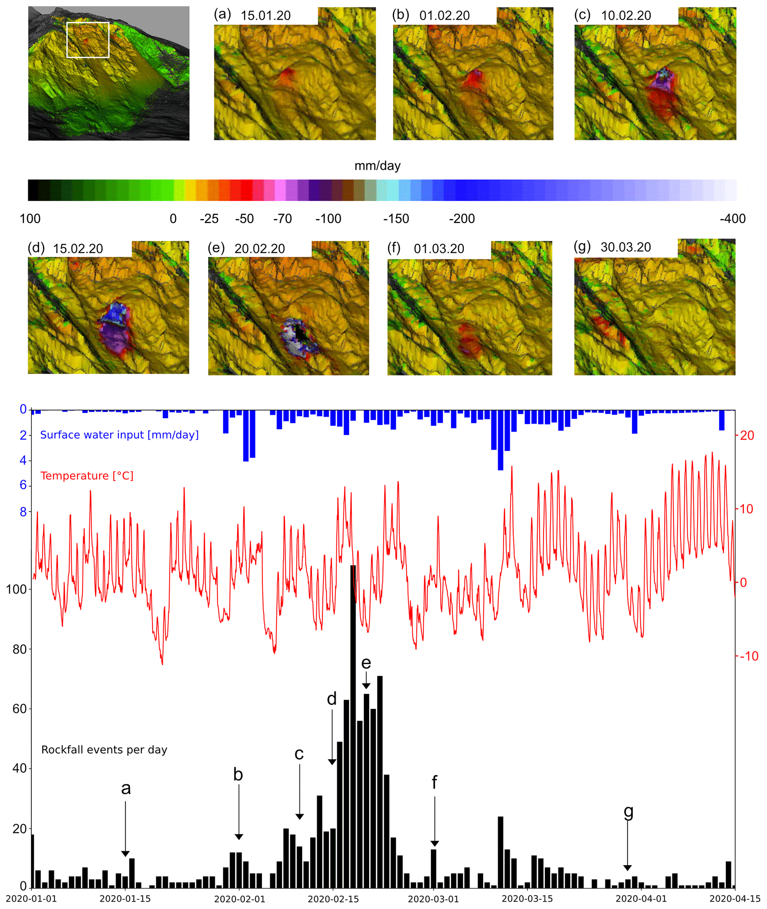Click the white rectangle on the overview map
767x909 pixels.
(x=88, y=40)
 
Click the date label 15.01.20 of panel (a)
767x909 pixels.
(x=265, y=16)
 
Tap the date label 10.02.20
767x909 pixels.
(x=626, y=16)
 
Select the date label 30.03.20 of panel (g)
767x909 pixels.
(x=625, y=247)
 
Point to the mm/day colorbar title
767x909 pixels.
(x=377, y=166)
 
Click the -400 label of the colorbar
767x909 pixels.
(x=732, y=218)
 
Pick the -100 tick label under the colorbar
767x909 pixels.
(x=328, y=218)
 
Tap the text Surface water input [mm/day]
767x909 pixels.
(x=119, y=435)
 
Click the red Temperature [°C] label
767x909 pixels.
(x=87, y=476)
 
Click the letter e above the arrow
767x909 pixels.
(x=366, y=663)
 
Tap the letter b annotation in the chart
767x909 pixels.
(x=238, y=774)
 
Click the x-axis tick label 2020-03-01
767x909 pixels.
(x=433, y=899)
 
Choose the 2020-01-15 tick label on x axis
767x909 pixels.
(x=125, y=899)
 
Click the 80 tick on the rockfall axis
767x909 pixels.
(x=19, y=649)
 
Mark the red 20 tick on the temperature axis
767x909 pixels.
(x=747, y=435)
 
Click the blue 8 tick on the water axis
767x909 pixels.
(x=23, y=512)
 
